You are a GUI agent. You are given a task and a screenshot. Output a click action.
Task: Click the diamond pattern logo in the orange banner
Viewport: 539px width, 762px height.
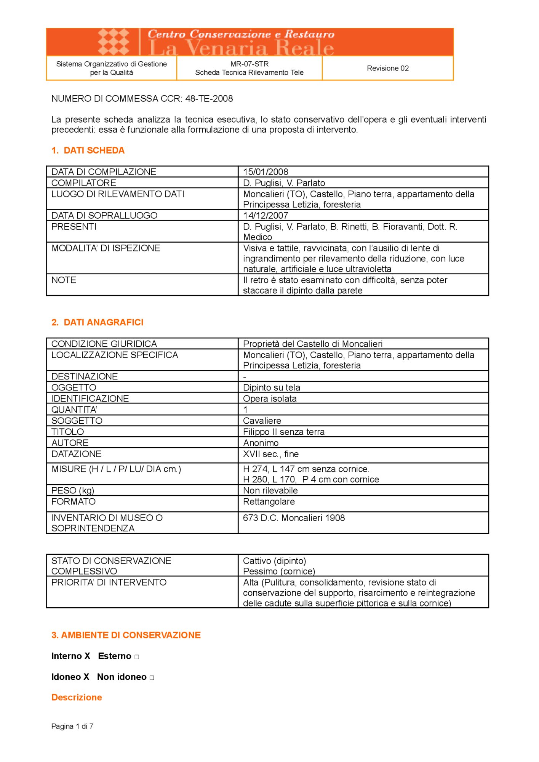coord(113,42)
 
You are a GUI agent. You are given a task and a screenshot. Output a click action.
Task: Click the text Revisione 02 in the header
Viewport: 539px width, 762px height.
coord(387,68)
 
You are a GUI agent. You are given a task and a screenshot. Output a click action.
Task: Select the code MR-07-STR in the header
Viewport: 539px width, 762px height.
coord(249,64)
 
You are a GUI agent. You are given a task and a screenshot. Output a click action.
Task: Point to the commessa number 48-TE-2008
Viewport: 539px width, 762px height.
coord(209,99)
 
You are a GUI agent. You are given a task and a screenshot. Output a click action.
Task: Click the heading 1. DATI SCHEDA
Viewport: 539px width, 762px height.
coord(88,150)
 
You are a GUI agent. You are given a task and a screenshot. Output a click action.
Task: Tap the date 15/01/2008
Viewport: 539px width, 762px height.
coord(266,172)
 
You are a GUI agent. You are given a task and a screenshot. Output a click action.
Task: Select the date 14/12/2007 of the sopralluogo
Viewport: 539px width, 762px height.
coord(266,215)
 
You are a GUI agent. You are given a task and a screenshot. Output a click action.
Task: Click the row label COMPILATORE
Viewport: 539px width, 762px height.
coord(84,183)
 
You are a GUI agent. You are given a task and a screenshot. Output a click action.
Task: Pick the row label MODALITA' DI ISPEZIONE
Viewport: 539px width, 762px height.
coord(106,248)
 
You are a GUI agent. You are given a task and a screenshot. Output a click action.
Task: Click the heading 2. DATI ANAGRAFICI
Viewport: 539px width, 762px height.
coord(98,322)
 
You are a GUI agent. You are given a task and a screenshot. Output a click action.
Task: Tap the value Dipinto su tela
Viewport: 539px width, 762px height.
coord(271,387)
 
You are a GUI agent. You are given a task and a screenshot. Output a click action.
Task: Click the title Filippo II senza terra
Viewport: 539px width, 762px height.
coord(283,432)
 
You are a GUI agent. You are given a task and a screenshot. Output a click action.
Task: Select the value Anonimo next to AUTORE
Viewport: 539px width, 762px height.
coord(261,443)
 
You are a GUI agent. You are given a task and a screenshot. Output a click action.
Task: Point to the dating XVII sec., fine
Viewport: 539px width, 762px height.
coord(270,454)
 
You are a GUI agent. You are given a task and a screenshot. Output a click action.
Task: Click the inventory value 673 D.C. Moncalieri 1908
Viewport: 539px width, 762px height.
coord(294,518)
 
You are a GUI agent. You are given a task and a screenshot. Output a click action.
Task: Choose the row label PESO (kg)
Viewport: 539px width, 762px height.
coord(73,490)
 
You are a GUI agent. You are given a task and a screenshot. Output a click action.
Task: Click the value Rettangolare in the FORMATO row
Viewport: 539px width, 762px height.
coord(269,501)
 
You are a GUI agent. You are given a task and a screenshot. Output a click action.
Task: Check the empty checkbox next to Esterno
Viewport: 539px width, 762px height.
coord(137,657)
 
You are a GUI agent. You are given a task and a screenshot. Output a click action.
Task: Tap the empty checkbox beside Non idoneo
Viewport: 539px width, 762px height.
coord(152,678)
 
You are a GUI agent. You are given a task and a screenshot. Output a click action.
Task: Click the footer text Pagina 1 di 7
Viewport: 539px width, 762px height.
coord(72,726)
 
